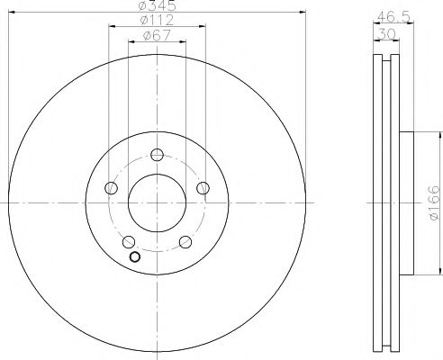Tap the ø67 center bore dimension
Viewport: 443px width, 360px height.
157,37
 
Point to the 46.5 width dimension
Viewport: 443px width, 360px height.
387,16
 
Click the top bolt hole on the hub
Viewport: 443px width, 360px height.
157,153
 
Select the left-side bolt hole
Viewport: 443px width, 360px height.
111,187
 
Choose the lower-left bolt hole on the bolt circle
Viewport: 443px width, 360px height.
129,241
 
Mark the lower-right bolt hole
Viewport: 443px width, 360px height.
185,241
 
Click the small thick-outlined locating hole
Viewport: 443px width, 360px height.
135,257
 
